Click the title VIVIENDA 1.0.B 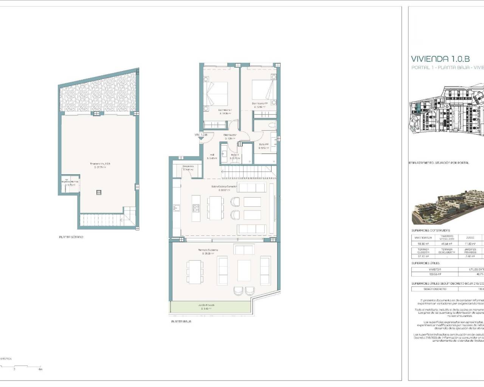(x=440, y=59)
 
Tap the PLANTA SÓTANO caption (x=71, y=237)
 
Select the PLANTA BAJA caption (x=181, y=321)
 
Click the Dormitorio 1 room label (x=225, y=110)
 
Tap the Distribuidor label (x=230, y=135)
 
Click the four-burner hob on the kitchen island (x=196, y=207)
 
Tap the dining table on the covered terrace (x=194, y=270)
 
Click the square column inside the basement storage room (x=99, y=192)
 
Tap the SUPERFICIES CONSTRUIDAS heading (x=431, y=230)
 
